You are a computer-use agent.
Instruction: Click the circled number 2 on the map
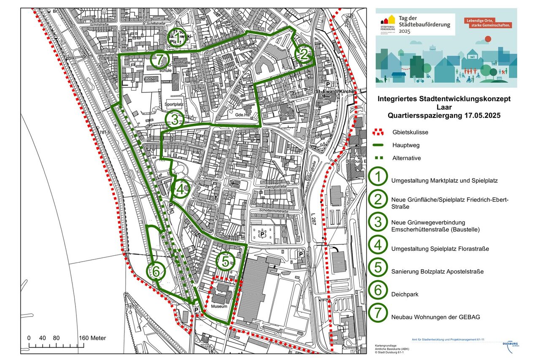tap(303, 54)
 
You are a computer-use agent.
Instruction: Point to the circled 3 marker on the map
tap(175, 120)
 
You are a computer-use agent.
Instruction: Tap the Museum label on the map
tap(219, 306)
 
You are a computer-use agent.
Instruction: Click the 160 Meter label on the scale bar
tap(92, 338)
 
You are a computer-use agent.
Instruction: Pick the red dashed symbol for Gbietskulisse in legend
tap(378, 132)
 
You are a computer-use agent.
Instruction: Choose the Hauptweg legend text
tap(405, 145)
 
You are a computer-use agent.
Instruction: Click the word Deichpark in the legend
tap(405, 294)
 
